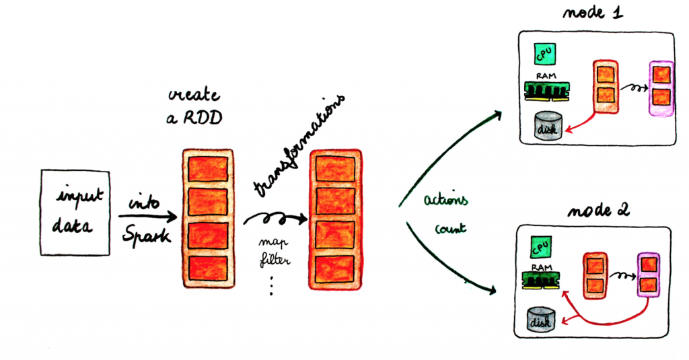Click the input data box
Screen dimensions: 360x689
coord(75,212)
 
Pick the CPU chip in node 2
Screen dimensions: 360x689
coord(540,247)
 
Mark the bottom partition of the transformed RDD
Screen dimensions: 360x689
coord(335,269)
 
